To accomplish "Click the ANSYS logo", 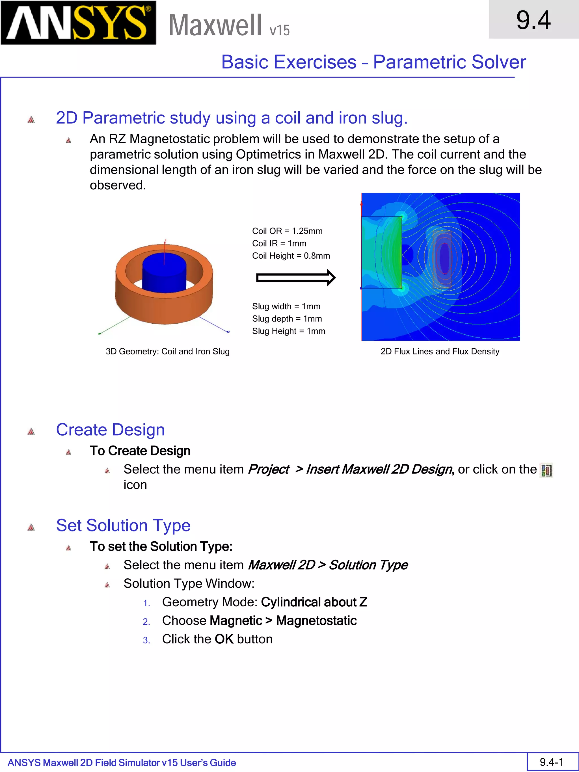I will [78, 23].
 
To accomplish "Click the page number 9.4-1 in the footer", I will [551, 762].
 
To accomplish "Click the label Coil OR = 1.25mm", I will [287, 231].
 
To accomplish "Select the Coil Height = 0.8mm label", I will [291, 256].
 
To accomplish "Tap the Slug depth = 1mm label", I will [287, 319].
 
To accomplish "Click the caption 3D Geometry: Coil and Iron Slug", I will [168, 351].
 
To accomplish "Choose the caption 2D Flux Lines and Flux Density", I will [440, 351].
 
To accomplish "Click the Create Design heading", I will [110, 430].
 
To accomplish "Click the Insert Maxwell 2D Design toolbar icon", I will [546, 470].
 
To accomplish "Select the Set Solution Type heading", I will [123, 525].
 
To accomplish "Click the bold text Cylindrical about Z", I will [314, 602].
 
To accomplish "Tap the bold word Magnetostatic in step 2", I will [316, 620].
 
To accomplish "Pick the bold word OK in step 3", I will [224, 639].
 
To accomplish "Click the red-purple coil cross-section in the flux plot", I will [444, 258].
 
